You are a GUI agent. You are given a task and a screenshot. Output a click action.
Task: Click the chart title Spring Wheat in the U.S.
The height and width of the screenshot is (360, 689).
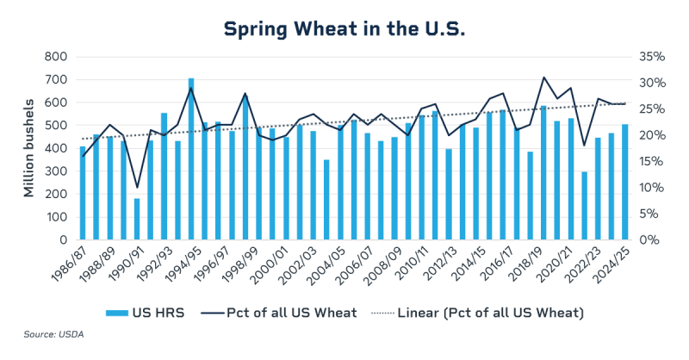344,28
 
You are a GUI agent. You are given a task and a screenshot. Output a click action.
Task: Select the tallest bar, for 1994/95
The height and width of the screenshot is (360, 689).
191,159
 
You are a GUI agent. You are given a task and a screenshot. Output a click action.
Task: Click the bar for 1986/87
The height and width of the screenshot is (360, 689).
83,193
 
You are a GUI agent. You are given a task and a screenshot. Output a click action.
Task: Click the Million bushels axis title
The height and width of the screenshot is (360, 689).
28,148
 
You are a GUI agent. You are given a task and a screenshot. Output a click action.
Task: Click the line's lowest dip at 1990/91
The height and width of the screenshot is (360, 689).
137,188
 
